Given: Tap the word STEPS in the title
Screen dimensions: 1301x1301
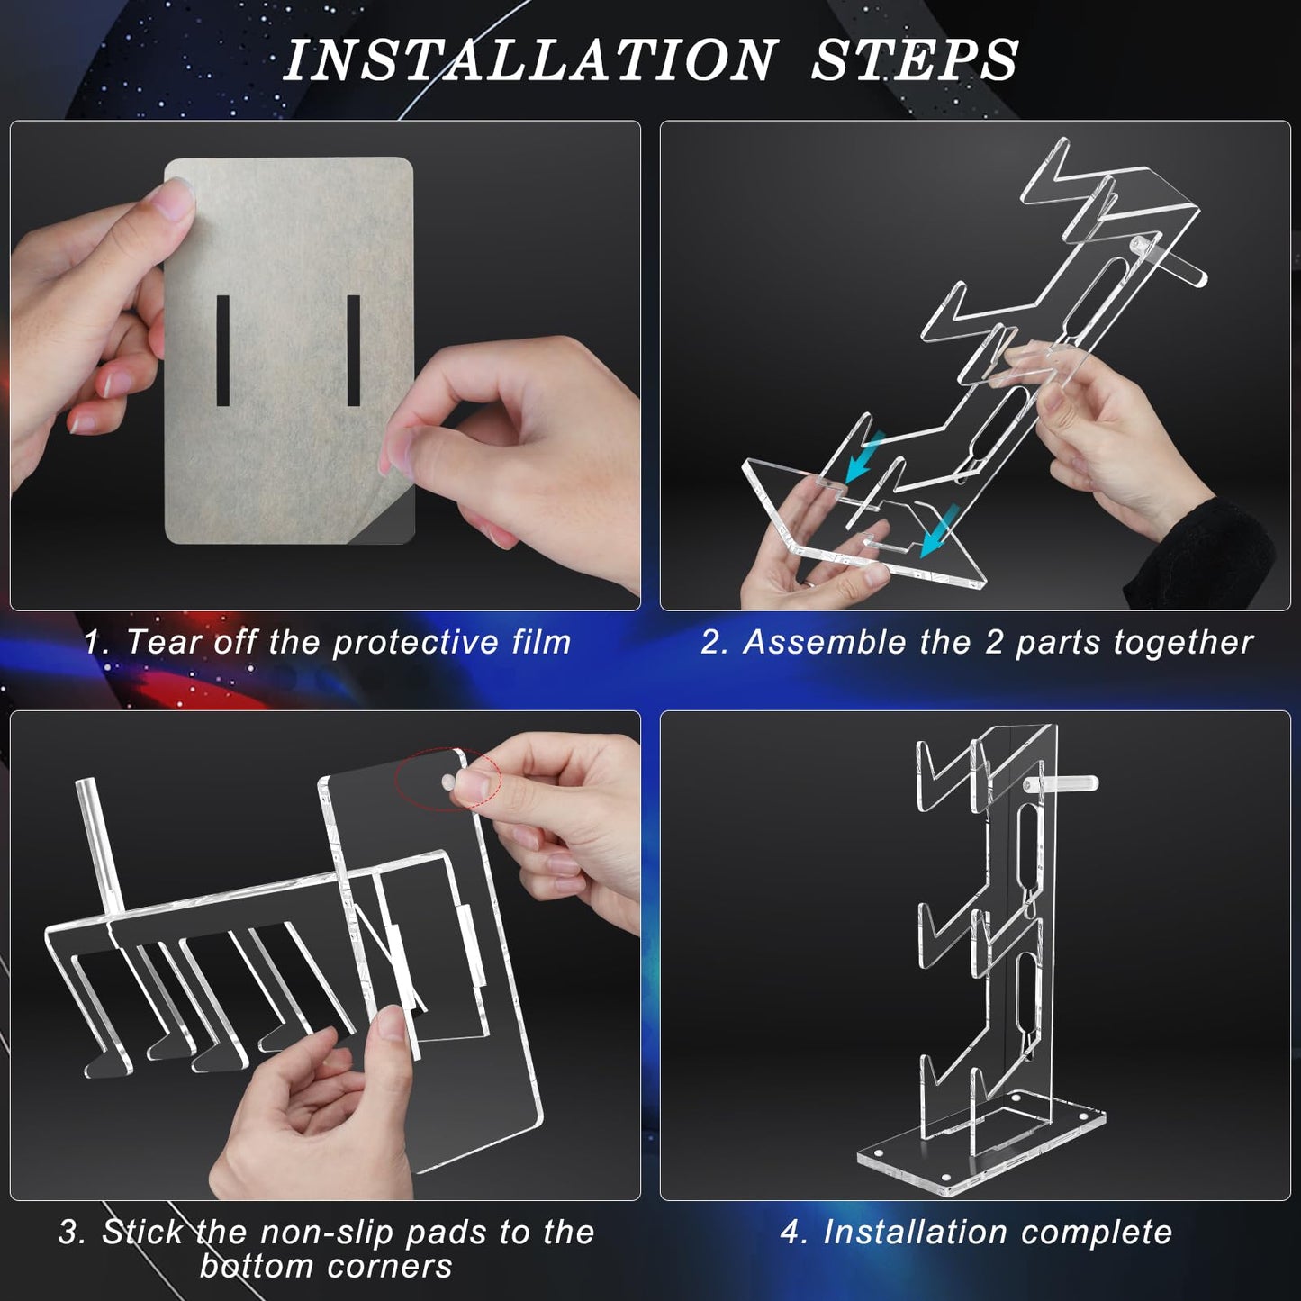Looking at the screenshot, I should pyautogui.click(x=914, y=60).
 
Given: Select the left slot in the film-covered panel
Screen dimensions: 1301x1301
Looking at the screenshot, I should pyautogui.click(x=223, y=349).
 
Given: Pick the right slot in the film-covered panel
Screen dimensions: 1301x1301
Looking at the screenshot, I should pyautogui.click(x=354, y=349).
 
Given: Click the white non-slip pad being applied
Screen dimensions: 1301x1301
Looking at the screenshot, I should pyautogui.click(x=447, y=784).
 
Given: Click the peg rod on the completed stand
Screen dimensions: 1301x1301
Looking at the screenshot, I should pyautogui.click(x=1068, y=782).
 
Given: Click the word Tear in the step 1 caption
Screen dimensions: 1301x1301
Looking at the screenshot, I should pyautogui.click(x=161, y=642).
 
